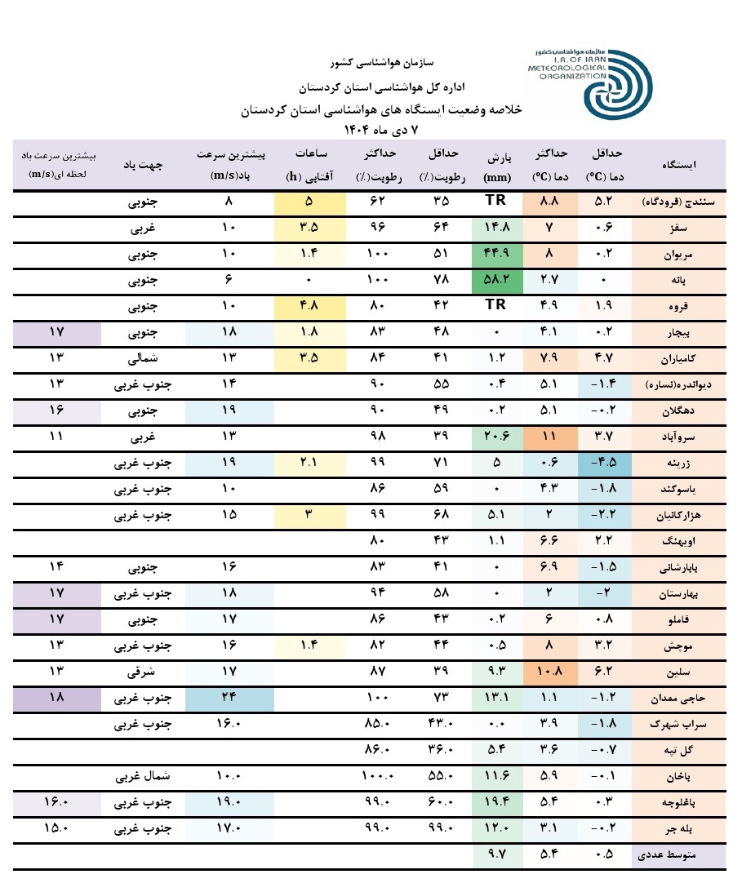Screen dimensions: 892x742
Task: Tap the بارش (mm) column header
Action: [496, 164]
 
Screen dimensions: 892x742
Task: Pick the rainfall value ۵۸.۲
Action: [496, 279]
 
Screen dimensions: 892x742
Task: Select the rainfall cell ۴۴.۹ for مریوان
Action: [496, 253]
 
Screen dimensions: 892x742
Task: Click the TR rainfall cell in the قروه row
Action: [496, 305]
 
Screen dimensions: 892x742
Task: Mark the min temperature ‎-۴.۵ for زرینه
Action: [605, 462]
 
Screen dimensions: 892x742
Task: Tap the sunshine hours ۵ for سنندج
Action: [309, 201]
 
